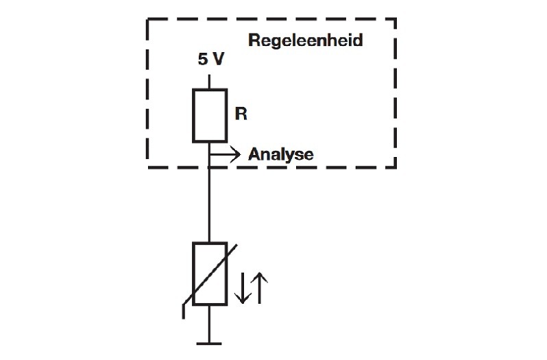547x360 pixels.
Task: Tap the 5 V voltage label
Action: coord(210,60)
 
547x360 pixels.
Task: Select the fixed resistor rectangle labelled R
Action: coord(210,115)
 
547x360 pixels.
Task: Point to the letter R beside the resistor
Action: coord(241,114)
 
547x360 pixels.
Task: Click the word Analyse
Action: coord(280,154)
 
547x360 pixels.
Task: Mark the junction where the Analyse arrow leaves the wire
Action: coord(210,154)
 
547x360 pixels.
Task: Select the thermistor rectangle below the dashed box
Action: coord(210,274)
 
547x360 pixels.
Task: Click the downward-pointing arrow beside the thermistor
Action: coord(242,288)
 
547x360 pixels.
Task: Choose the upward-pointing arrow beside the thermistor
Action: coord(260,288)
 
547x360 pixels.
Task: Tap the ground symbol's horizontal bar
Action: coord(210,341)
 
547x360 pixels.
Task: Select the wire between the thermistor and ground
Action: coord(210,322)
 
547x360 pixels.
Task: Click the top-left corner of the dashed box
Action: coord(149,21)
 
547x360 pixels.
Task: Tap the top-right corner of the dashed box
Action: coord(396,21)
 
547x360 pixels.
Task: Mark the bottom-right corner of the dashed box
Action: coord(396,167)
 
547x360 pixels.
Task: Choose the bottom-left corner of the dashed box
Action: coord(149,167)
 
